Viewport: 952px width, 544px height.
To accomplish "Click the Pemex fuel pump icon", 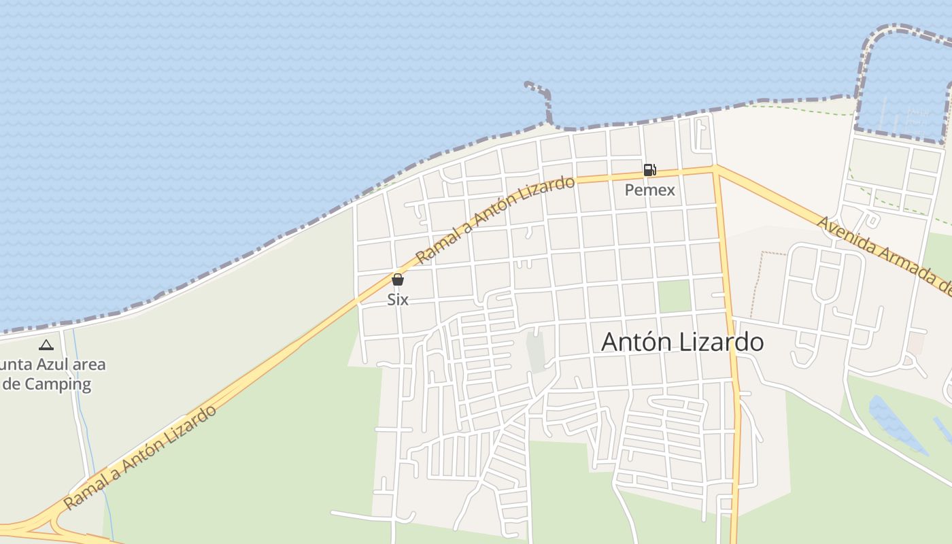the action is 649,170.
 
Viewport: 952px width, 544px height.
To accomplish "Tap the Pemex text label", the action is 649,190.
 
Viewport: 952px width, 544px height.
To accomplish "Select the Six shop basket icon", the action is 398,279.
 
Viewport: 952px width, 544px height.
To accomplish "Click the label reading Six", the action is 398,299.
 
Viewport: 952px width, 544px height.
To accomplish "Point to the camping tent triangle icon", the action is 46,345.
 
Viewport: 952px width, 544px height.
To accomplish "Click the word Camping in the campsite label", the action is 58,384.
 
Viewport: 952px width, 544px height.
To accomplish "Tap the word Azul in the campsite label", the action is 50,364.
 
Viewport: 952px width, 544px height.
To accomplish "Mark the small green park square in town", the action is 674,296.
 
